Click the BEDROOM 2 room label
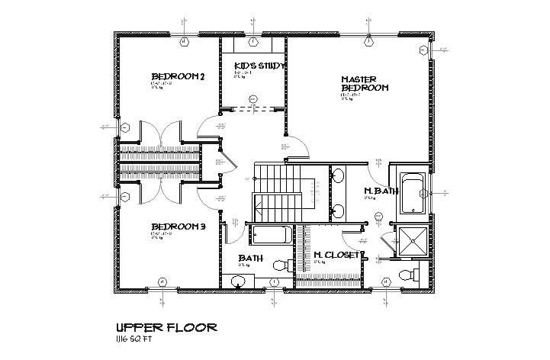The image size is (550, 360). [x=179, y=76]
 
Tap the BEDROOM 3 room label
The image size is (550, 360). [x=179, y=227]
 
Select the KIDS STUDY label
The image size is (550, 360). [x=259, y=66]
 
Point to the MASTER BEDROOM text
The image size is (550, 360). [x=364, y=83]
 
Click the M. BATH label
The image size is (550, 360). [x=381, y=191]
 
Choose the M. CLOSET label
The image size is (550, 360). [x=336, y=255]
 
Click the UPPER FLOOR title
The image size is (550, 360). [x=166, y=326]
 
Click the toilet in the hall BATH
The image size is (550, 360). [x=280, y=265]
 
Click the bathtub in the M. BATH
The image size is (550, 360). [x=413, y=194]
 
